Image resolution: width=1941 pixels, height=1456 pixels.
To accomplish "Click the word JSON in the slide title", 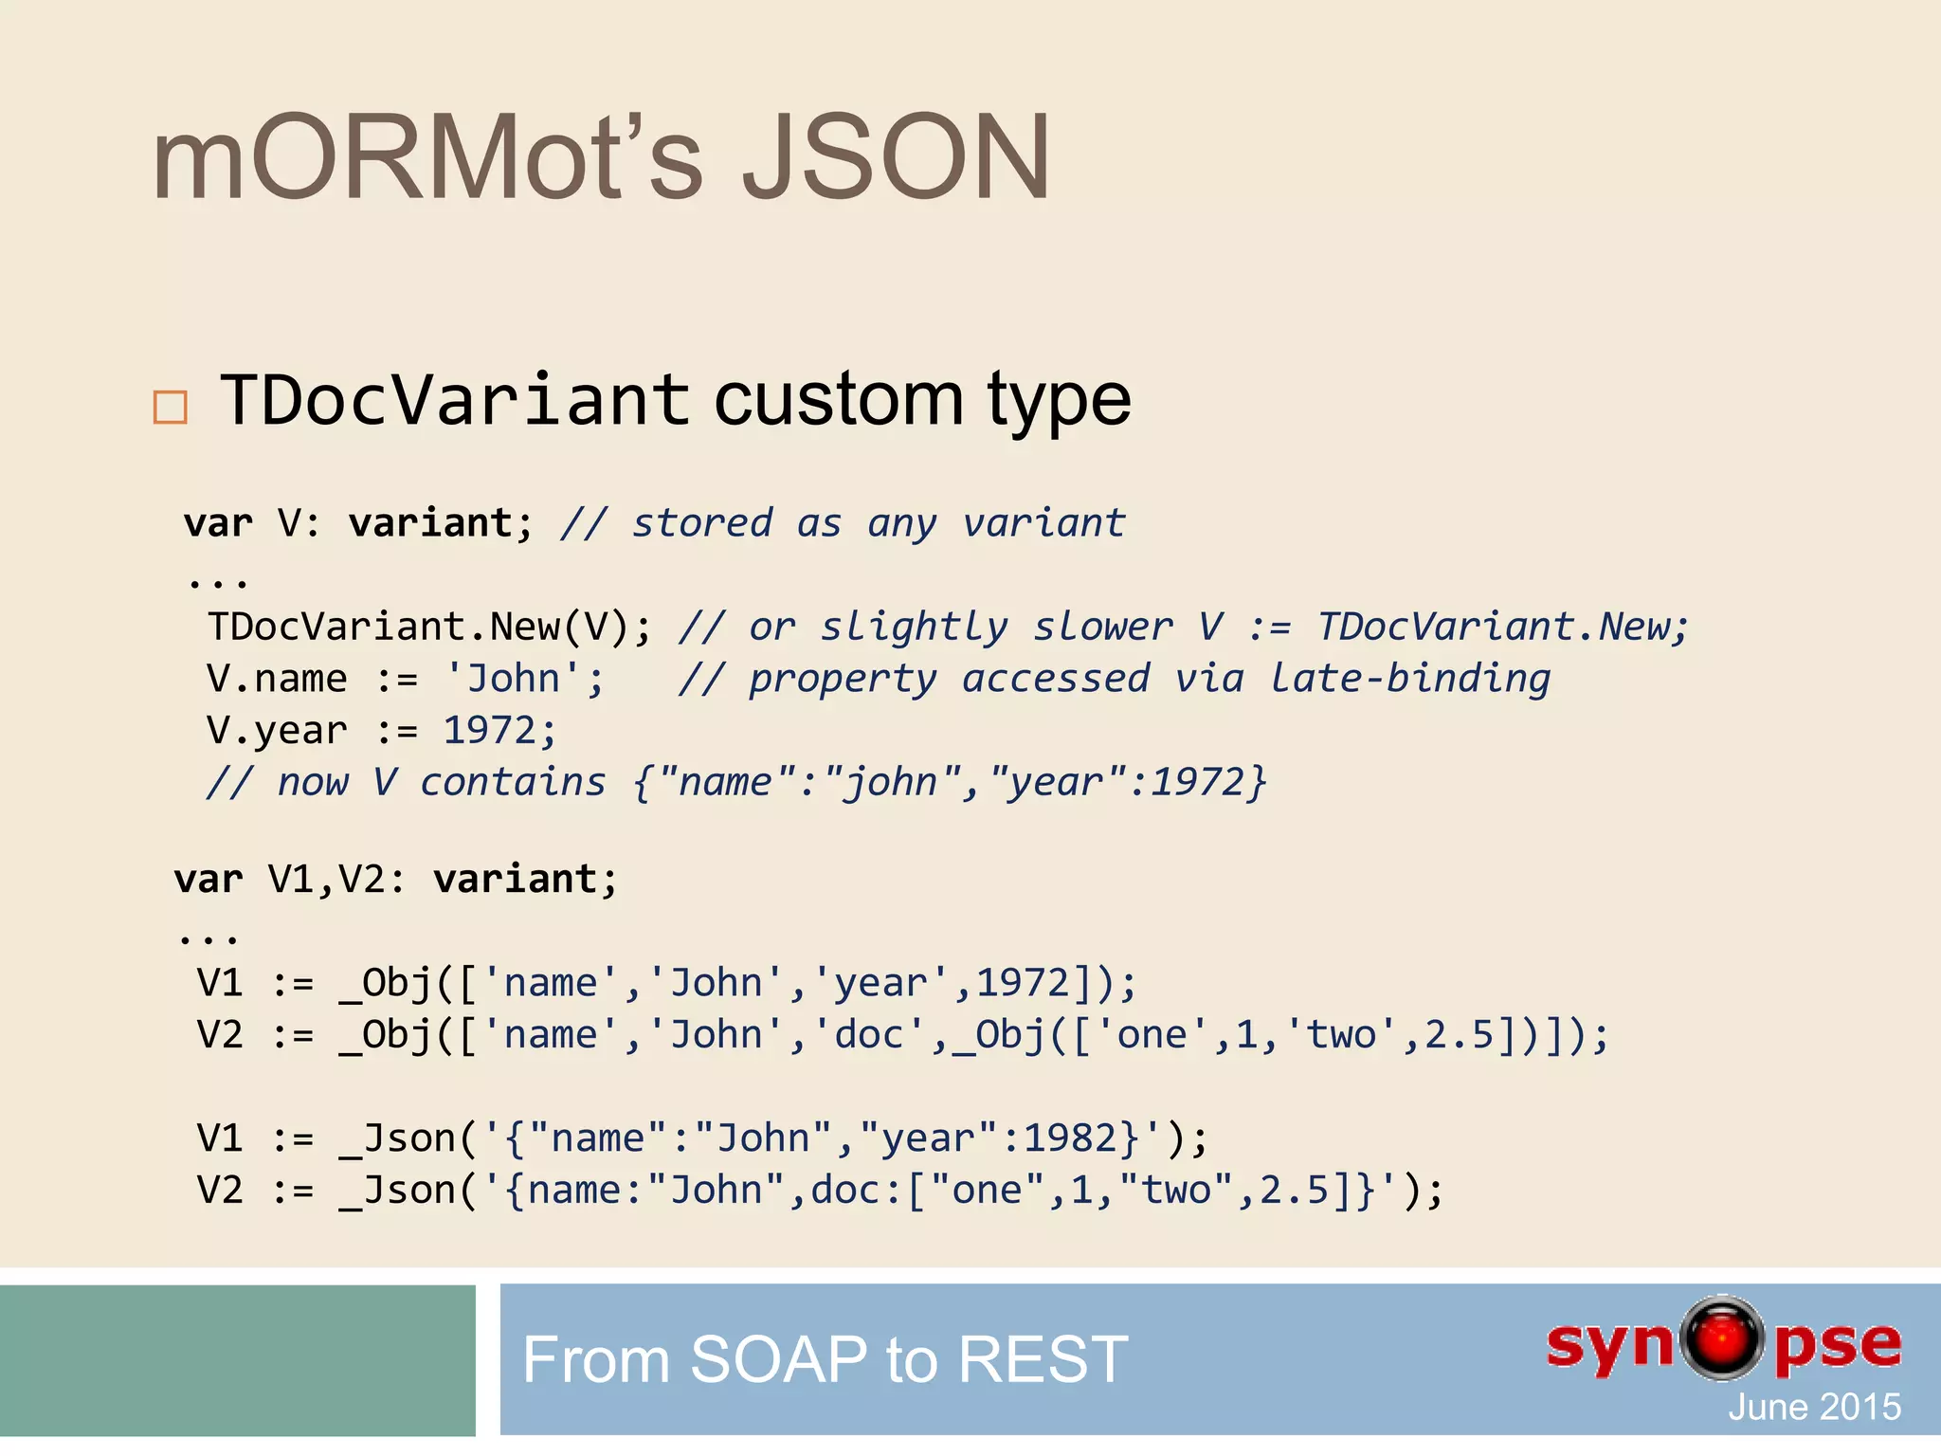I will click(895, 158).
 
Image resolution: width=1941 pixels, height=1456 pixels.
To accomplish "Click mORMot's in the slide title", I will click(427, 158).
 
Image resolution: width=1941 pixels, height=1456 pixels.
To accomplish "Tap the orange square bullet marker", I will click(171, 408).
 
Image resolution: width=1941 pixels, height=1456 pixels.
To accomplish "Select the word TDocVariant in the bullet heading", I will click(455, 400).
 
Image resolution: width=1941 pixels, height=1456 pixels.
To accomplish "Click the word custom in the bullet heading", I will click(838, 400).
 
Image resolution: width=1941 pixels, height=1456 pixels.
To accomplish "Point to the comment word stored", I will click(702, 523).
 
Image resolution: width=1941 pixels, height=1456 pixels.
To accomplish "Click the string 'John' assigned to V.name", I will click(524, 680).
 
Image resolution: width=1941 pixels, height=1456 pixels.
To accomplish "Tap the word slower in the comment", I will click(1102, 628).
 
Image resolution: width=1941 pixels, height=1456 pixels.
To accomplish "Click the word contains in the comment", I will click(513, 783).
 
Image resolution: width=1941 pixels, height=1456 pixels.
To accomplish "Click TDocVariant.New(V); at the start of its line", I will click(429, 628).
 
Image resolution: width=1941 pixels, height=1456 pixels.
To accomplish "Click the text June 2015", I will click(1814, 1407).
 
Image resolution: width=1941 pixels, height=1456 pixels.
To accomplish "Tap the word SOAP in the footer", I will click(778, 1359).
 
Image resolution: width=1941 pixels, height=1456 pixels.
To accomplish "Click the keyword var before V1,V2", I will click(209, 880).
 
